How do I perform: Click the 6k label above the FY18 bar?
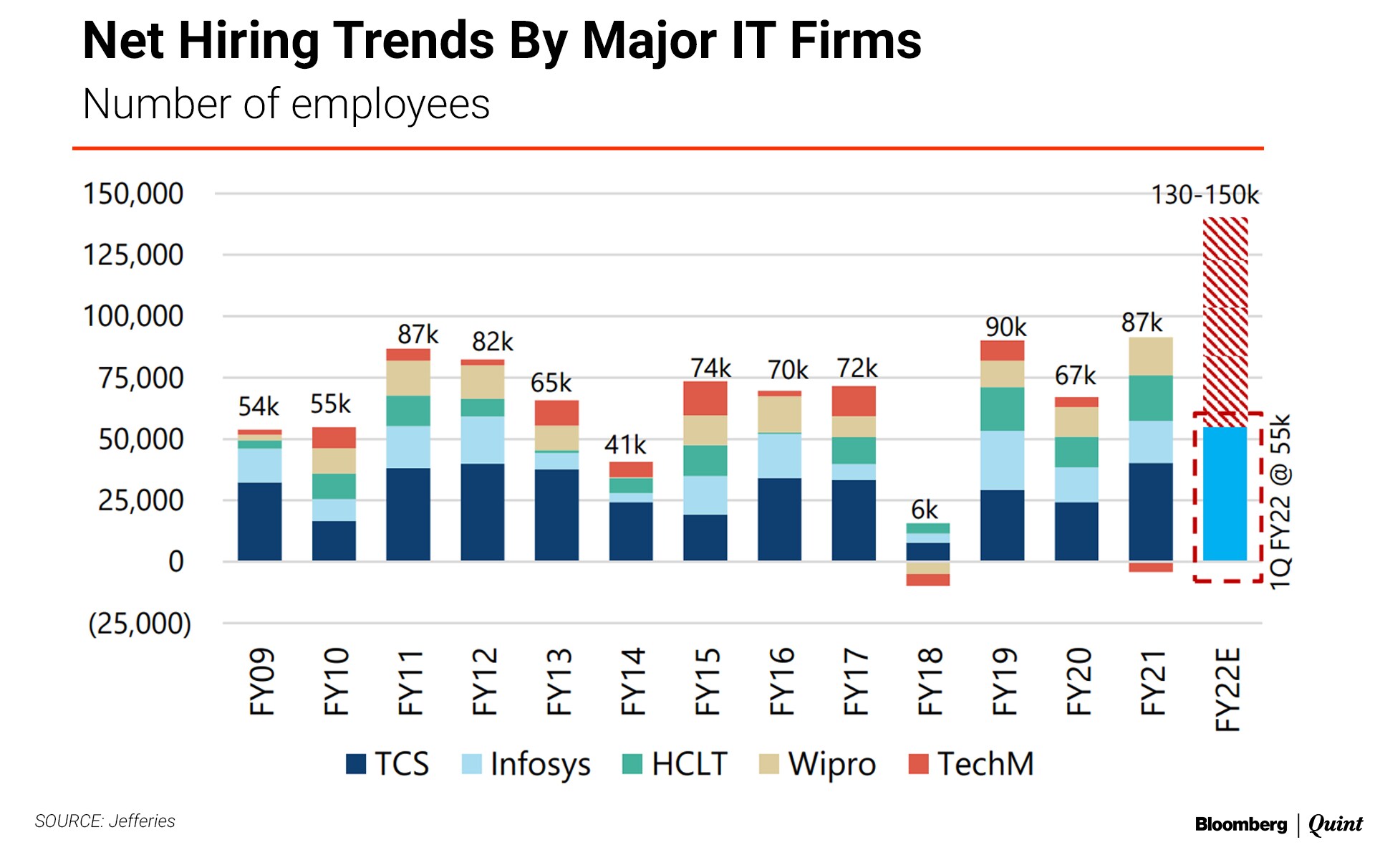point(924,510)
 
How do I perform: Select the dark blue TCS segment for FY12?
point(482,512)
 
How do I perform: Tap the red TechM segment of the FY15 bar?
point(705,398)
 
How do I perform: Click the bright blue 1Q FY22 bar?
point(1225,494)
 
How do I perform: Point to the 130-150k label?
point(1205,195)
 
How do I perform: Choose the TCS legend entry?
point(387,764)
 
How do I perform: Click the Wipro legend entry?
point(818,764)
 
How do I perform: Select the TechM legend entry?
point(971,764)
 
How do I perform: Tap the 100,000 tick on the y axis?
point(134,316)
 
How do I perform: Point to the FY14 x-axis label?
point(632,682)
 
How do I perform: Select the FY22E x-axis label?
point(1227,689)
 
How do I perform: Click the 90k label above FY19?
point(1005,327)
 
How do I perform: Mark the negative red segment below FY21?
point(1150,567)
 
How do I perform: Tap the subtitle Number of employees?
point(286,104)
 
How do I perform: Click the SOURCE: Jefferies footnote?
point(105,821)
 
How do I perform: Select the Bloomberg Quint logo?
point(1278,824)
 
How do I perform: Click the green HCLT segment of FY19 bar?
point(1002,409)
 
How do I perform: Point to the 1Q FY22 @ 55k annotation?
point(1280,501)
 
